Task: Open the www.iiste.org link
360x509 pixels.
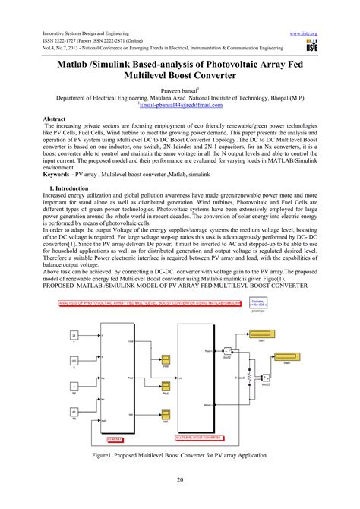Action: click(x=304, y=33)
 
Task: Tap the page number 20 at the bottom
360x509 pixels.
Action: click(x=180, y=479)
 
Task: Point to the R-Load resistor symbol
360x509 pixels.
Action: click(x=263, y=378)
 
